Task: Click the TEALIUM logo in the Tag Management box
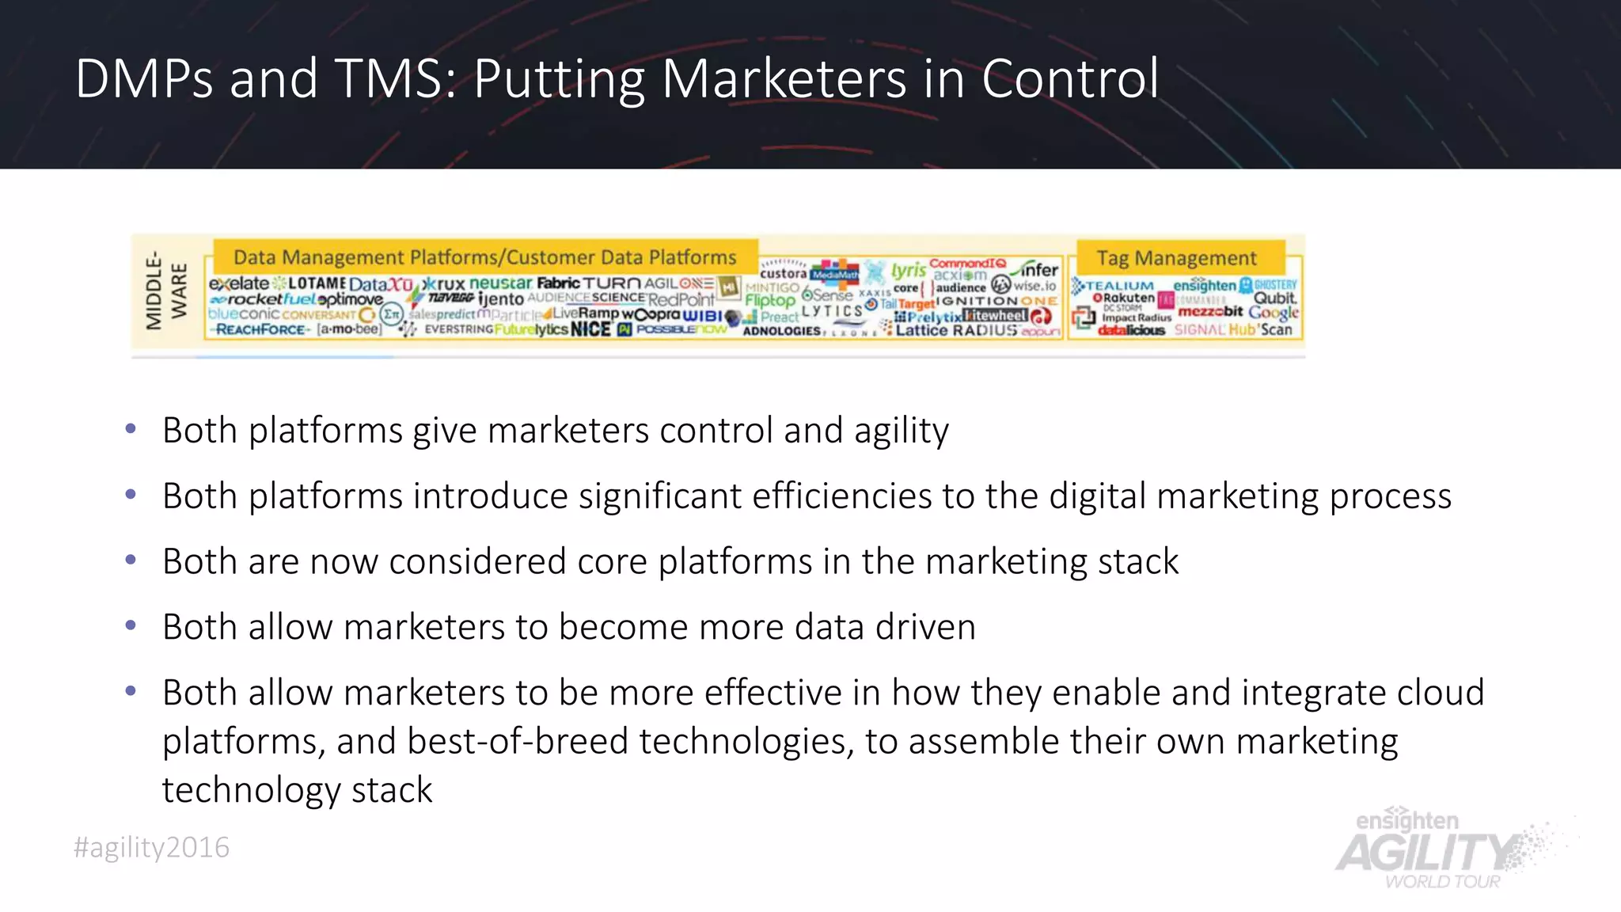[1113, 285]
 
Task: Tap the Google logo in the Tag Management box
[1274, 313]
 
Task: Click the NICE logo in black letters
[590, 329]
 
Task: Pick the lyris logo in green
[908, 271]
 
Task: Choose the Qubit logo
[1274, 298]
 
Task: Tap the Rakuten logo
[1124, 298]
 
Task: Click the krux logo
[443, 284]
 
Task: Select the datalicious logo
[1131, 330]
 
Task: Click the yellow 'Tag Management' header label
[1176, 258]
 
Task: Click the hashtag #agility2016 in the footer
[151, 848]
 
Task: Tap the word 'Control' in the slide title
[1070, 79]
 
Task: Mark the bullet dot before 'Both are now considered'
[131, 560]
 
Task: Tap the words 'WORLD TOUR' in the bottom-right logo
[1442, 882]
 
